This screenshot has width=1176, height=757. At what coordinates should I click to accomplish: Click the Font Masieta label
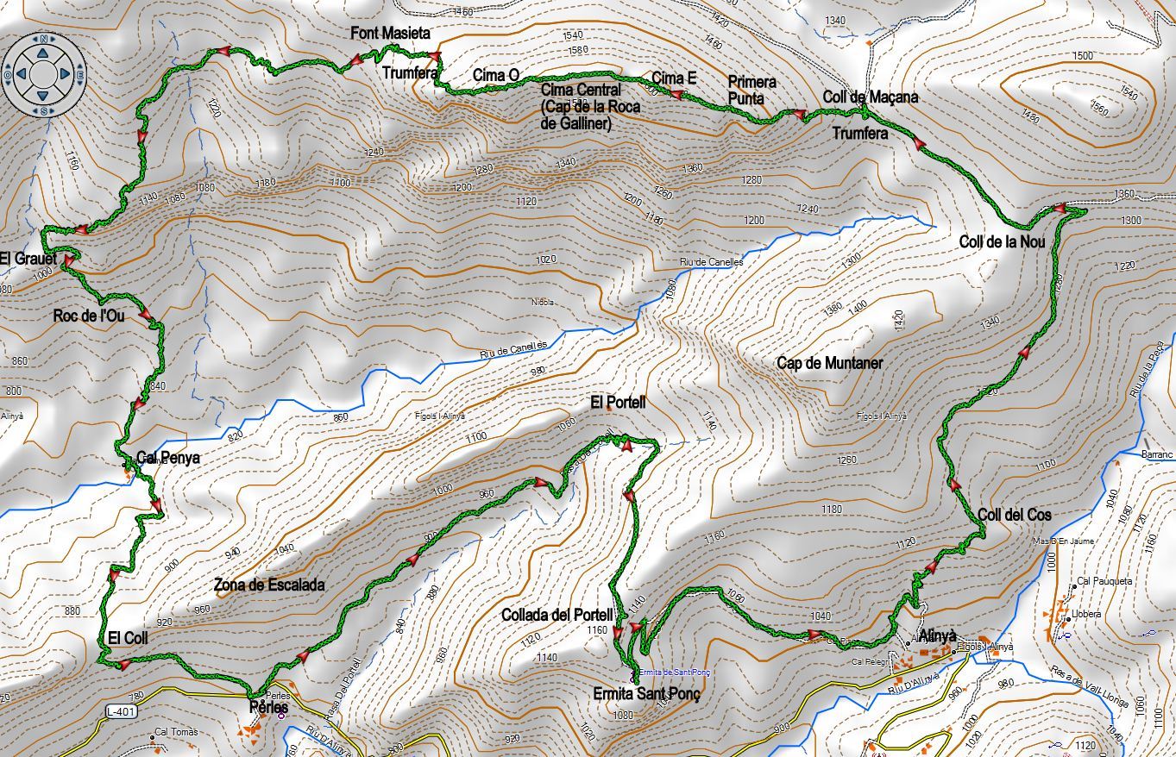[x=390, y=33]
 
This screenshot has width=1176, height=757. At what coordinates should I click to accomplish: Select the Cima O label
[x=495, y=76]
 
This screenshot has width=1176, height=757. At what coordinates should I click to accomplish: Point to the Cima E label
[x=674, y=78]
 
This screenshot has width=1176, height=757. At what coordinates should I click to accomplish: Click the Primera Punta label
[x=752, y=90]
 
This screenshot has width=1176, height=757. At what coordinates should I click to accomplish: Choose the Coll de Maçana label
[x=870, y=97]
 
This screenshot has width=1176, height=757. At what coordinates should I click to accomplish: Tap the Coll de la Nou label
[x=1002, y=241]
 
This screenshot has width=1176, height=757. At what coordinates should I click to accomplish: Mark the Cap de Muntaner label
[x=829, y=363]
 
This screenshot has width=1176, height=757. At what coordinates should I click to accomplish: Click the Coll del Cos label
[x=1015, y=515]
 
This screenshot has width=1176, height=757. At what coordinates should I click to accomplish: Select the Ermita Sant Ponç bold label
[x=646, y=694]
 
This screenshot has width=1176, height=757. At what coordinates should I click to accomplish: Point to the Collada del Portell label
[x=557, y=615]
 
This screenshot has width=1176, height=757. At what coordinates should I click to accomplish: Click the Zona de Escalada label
[x=269, y=585]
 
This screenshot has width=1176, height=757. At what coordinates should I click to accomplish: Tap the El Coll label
[x=128, y=638]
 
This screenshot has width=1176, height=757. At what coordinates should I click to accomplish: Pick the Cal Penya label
[x=168, y=458]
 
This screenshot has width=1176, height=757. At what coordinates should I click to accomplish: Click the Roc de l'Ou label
[x=89, y=316]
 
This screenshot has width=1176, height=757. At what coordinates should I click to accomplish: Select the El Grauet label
[x=28, y=259]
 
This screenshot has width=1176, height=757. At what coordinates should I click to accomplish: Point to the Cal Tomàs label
[x=175, y=732]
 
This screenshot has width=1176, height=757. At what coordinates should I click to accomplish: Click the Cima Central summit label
[x=581, y=90]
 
